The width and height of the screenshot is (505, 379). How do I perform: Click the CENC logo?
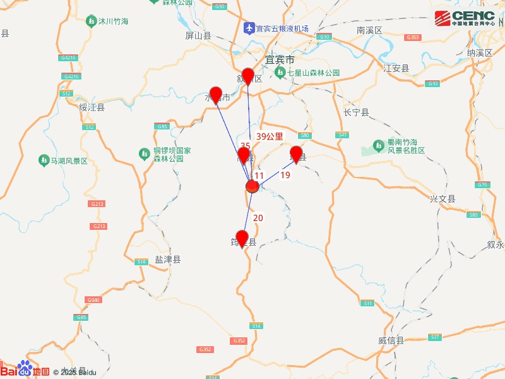point(465,18)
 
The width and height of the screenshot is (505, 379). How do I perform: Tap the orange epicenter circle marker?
point(252,186)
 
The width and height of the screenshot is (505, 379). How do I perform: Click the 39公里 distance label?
point(270,136)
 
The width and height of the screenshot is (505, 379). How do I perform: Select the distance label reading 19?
point(285,175)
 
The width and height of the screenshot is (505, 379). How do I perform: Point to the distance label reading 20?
point(258,218)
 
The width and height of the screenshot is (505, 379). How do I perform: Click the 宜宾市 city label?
point(280,59)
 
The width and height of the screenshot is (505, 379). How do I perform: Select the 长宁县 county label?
point(355,112)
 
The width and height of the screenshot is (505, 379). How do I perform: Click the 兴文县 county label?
point(443,199)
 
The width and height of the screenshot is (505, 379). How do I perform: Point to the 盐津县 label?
point(168,260)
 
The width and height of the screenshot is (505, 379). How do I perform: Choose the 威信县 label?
point(391,340)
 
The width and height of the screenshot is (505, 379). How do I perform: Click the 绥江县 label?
point(92,107)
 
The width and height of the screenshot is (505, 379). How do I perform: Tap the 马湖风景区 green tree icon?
point(44,160)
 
